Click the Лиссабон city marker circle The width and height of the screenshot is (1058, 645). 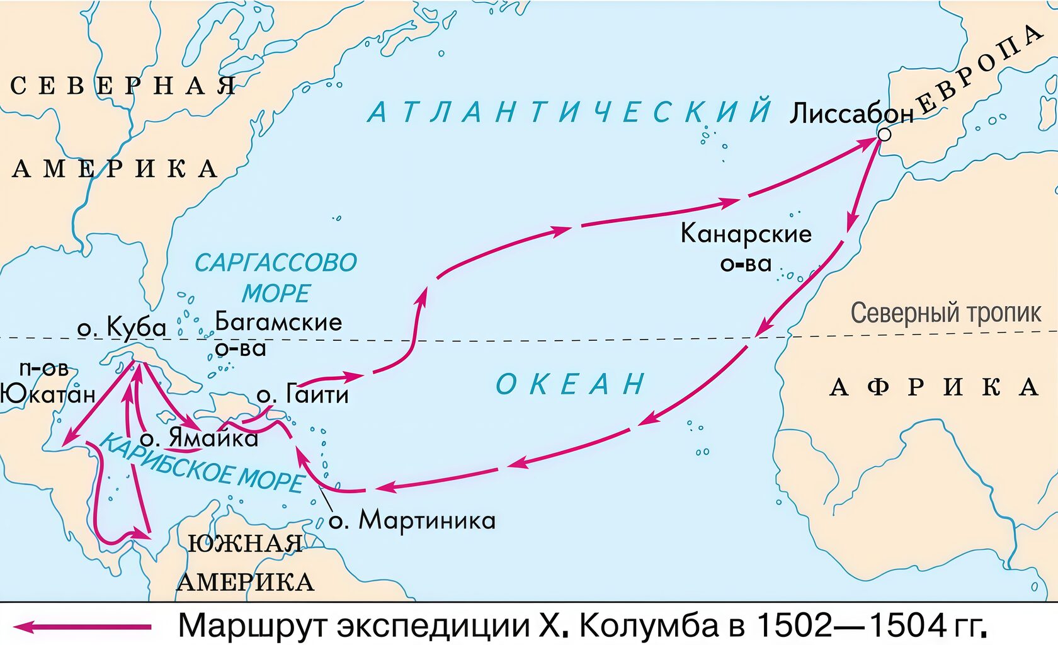click(884, 134)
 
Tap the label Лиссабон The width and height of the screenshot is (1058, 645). click(851, 113)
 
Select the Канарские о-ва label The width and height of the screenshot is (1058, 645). click(746, 247)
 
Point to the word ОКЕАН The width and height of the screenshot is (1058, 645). click(570, 384)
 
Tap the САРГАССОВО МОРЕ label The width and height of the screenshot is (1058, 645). click(276, 278)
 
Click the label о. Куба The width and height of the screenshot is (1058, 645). click(122, 327)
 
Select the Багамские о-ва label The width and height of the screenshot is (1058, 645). click(277, 334)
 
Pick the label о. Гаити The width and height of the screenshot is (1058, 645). click(302, 394)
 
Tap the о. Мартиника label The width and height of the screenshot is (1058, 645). click(412, 520)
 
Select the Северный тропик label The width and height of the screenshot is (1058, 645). click(946, 313)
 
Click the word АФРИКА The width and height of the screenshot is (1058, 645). click(934, 387)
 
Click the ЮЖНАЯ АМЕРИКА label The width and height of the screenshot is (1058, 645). click(246, 562)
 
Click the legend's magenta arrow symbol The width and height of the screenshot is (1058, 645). click(82, 627)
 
